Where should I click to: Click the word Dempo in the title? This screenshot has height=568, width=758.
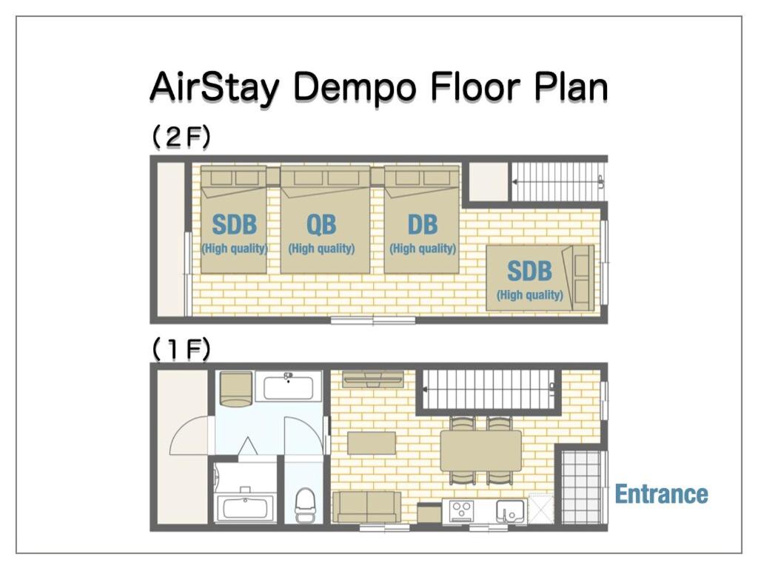coord(354,88)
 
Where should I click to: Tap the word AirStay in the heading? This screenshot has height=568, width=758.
coord(215,87)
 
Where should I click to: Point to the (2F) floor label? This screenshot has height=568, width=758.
coord(181,137)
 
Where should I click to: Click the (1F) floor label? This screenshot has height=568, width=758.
coord(181,349)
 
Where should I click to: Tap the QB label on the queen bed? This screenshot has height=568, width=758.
coord(321,225)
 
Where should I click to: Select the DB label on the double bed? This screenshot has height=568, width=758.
coord(423,225)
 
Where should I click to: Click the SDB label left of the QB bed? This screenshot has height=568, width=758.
coord(234,225)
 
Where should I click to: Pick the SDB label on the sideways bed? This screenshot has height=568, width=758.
coord(529,271)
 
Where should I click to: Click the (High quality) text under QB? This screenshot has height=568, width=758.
coord(321,248)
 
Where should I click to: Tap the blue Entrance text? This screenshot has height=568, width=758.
coord(661,494)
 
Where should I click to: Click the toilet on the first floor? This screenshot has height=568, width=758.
coord(304,504)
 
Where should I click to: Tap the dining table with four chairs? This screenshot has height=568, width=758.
coord(481,450)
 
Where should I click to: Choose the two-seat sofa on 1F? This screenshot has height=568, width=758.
coord(367,507)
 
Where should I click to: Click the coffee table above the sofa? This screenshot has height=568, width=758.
coord(372,443)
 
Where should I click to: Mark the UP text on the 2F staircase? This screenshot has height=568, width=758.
coord(601,182)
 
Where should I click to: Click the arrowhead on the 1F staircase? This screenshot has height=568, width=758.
coord(426,389)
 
